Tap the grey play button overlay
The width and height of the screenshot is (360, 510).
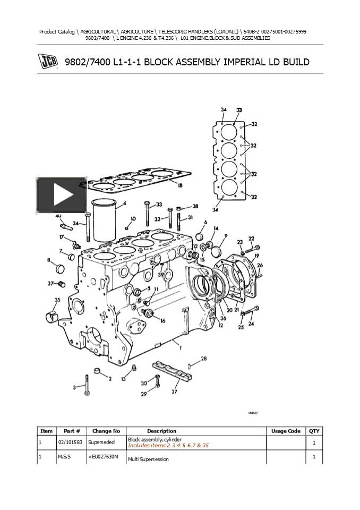(62, 195)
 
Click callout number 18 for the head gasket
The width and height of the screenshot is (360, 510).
(180, 185)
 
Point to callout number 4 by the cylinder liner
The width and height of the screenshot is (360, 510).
(124, 203)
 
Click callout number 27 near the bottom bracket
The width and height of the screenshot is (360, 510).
(174, 392)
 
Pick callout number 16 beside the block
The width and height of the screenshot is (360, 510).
(162, 320)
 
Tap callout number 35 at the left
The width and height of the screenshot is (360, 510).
(57, 300)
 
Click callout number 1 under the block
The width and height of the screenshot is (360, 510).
(181, 348)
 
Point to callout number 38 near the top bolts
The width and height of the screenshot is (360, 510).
(195, 206)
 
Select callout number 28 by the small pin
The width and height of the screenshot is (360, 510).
(204, 359)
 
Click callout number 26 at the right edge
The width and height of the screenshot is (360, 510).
(259, 264)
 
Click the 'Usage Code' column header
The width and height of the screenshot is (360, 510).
(286, 431)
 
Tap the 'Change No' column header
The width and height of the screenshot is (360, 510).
(106, 431)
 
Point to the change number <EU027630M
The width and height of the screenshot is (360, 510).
(102, 456)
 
